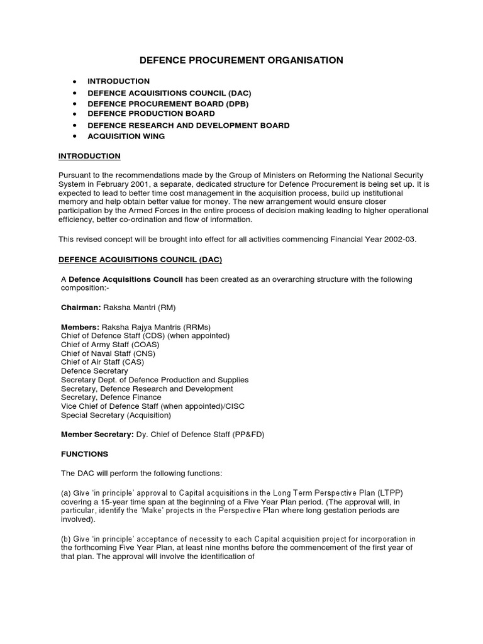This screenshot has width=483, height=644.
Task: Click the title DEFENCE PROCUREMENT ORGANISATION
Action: [x=241, y=60]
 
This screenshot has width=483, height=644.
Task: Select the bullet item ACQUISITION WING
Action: [x=126, y=136]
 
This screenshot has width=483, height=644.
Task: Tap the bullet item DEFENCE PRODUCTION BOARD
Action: [x=151, y=114]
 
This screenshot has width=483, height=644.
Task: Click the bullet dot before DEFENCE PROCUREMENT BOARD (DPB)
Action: [x=75, y=103]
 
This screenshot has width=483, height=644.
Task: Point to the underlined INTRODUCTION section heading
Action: [x=89, y=156]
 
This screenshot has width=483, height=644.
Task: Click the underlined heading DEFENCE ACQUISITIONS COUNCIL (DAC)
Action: [x=140, y=259]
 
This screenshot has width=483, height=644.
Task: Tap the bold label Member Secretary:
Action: [x=97, y=434]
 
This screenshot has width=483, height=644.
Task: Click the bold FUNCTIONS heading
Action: [x=84, y=453]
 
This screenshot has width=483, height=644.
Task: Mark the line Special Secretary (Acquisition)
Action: [x=115, y=415]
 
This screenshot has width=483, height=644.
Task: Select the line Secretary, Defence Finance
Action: [x=111, y=397]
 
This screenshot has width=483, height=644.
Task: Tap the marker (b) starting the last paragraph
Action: [x=66, y=539]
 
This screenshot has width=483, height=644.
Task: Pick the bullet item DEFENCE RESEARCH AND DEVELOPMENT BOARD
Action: [x=189, y=125]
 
